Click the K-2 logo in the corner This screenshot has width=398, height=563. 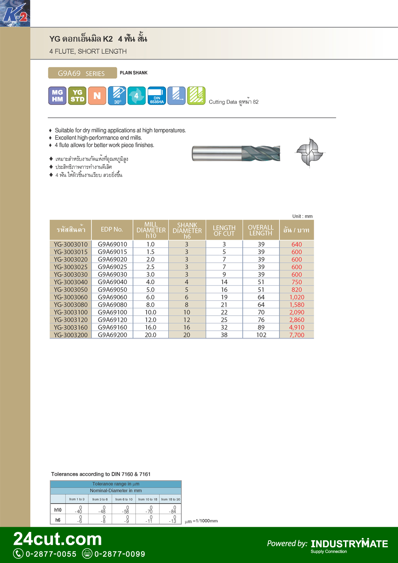[15, 13]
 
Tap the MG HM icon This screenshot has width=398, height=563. [57, 96]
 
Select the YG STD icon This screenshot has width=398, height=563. [77, 96]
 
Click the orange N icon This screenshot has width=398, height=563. [97, 96]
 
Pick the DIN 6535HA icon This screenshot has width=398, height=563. [157, 96]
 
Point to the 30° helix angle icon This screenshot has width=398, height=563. [117, 96]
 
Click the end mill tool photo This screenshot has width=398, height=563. [236, 153]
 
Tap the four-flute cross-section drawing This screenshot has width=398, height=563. [310, 153]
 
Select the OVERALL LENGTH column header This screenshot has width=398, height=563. [261, 230]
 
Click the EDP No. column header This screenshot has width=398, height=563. [112, 230]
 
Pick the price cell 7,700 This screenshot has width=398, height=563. [297, 335]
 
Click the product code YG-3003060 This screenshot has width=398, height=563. [71, 297]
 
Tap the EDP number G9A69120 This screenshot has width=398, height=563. [112, 320]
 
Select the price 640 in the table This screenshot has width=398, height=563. [297, 244]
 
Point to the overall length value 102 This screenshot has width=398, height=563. [261, 335]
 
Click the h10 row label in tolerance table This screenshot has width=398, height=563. [58, 510]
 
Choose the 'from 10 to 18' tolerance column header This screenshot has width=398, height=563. [147, 499]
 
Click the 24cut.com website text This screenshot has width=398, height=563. [58, 539]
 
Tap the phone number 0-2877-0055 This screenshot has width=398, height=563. [51, 554]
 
